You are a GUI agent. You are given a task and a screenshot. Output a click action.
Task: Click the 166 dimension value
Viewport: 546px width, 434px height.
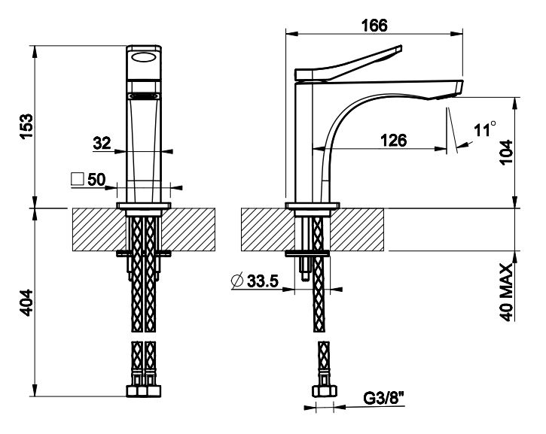point(374,26)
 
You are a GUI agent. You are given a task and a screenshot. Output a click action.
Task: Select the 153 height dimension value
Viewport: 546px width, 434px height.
point(26,126)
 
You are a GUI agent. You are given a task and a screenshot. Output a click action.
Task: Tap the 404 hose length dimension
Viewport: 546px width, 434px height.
point(26,302)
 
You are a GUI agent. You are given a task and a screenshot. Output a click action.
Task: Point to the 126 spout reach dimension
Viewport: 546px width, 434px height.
point(393,140)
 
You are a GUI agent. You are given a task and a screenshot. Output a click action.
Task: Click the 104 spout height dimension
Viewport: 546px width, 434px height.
point(507,152)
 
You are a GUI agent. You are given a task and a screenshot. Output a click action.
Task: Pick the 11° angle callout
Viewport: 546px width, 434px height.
point(484,129)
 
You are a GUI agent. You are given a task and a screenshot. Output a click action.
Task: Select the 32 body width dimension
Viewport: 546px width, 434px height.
point(102,143)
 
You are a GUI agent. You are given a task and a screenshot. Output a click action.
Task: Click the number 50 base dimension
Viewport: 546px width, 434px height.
point(96,180)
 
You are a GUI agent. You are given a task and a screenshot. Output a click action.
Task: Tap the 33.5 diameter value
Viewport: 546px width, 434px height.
point(263,281)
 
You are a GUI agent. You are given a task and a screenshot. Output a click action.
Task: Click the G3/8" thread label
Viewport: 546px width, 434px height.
point(384,398)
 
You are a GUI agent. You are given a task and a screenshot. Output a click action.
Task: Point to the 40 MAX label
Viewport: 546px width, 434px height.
point(507,292)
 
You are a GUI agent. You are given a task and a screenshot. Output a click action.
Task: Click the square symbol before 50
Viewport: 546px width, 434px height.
point(78,179)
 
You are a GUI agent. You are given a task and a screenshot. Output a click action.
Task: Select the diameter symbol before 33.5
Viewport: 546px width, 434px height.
point(237,281)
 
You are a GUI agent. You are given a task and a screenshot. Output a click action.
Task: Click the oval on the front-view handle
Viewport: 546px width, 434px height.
point(143,56)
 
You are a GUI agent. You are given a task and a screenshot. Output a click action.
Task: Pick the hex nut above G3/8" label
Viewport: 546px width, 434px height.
point(324,391)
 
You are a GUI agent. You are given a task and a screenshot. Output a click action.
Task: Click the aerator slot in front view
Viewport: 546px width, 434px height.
point(143,96)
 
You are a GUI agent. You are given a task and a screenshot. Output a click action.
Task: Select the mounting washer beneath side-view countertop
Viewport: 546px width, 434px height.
point(307,254)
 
